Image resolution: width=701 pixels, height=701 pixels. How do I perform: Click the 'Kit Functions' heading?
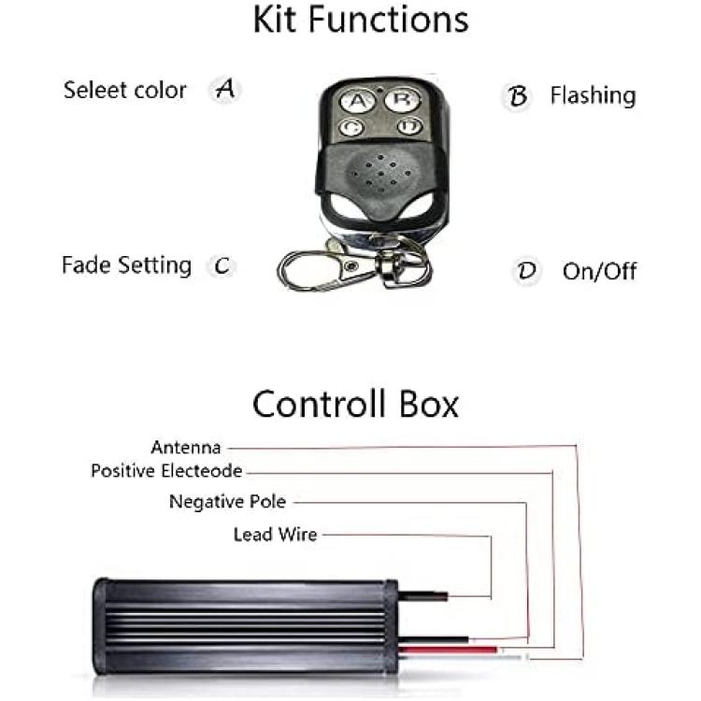pyautogui.click(x=361, y=20)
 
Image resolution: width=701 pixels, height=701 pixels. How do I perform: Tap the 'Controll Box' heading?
pyautogui.click(x=355, y=404)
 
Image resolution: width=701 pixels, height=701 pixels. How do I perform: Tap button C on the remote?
pyautogui.click(x=350, y=127)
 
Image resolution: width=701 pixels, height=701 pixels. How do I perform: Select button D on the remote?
pyautogui.click(x=409, y=125)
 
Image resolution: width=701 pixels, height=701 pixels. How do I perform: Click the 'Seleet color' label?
pyautogui.click(x=124, y=91)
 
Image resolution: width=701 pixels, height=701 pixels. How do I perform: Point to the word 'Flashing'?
pyautogui.click(x=593, y=95)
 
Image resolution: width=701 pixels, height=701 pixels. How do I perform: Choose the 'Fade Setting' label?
pyautogui.click(x=126, y=265)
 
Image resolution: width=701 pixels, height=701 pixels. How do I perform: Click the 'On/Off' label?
pyautogui.click(x=599, y=271)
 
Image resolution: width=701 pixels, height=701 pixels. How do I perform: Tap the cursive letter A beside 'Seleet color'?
pyautogui.click(x=225, y=89)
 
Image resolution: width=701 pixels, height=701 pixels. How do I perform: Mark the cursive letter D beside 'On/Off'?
pyautogui.click(x=526, y=270)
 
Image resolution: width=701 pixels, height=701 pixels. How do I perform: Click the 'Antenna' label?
pyautogui.click(x=186, y=448)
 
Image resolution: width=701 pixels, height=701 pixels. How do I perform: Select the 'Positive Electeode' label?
pyautogui.click(x=166, y=471)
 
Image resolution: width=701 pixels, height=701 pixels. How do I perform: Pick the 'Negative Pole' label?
pyautogui.click(x=227, y=502)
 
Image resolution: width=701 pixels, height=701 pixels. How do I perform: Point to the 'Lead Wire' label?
pyautogui.click(x=276, y=535)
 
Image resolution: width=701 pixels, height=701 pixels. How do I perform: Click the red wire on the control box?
pyautogui.click(x=448, y=650)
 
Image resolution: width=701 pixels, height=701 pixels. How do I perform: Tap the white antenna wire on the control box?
pyautogui.click(x=461, y=657)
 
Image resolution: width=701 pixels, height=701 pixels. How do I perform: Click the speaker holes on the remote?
pyautogui.click(x=380, y=174)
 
